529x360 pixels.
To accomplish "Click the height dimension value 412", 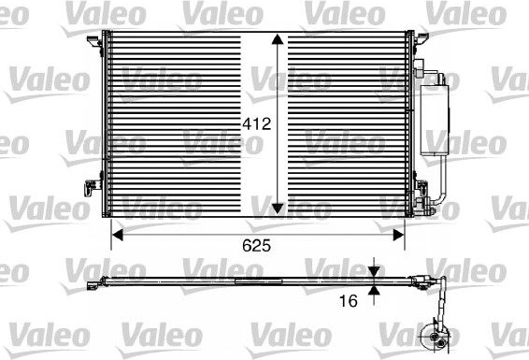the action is (x=257, y=124).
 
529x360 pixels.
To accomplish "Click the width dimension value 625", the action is (x=256, y=246).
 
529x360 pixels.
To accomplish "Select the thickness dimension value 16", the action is (x=349, y=301).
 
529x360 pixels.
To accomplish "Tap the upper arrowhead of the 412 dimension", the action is (x=278, y=39).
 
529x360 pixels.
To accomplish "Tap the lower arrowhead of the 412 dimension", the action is (x=278, y=209).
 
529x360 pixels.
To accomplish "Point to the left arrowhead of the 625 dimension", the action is (x=117, y=235).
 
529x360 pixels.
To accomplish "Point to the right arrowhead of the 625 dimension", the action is (x=399, y=235).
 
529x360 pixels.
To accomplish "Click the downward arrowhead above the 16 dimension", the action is (x=374, y=271).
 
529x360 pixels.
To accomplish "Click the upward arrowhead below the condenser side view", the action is (x=374, y=290).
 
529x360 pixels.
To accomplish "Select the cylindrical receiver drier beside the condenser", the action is (x=435, y=120).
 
